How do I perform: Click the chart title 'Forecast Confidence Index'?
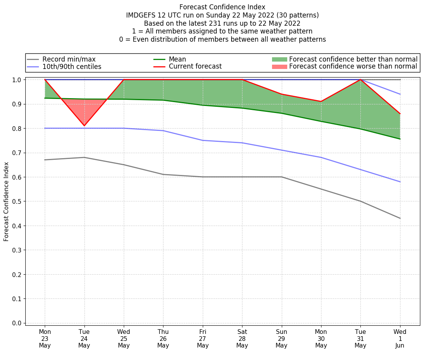[222, 7]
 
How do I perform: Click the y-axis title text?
[6, 202]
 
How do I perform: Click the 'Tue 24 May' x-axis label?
[84, 339]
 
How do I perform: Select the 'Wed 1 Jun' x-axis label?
[400, 339]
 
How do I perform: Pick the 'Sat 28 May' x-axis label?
[242, 339]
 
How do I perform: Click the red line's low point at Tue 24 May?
[84, 126]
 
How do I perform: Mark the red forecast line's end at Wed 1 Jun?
[400, 114]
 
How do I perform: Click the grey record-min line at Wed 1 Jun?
[400, 218]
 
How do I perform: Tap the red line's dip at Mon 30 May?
[321, 102]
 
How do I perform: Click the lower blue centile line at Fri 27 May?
[203, 140]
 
